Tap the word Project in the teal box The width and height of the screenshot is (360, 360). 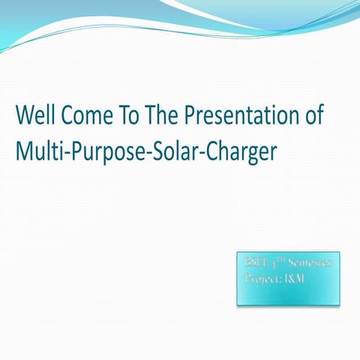pyautogui.click(x=262, y=279)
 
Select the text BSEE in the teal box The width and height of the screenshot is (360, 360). pyautogui.click(x=255, y=264)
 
